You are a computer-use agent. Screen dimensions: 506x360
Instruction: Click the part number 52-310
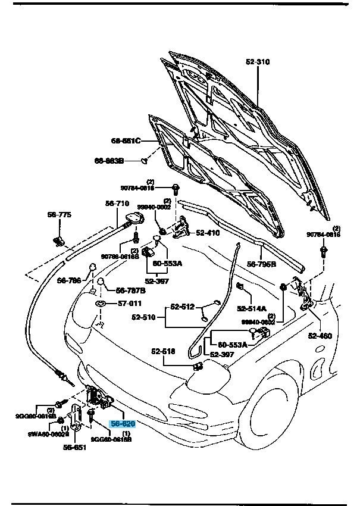[257, 61]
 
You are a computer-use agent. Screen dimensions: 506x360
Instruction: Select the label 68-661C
[125, 141]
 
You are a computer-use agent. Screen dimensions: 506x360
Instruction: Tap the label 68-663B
[109, 160]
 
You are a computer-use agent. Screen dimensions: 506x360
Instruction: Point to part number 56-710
[117, 204]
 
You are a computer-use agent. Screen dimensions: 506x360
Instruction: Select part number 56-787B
[131, 291]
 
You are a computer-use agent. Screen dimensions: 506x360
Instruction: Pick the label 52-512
[183, 307]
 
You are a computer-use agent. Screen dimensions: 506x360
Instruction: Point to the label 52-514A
[253, 308]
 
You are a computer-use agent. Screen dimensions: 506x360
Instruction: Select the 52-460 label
[320, 336]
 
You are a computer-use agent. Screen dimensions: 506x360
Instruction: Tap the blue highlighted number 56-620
[123, 424]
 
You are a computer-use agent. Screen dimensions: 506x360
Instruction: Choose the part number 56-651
[76, 448]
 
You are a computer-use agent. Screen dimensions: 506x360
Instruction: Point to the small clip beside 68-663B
[144, 160]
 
